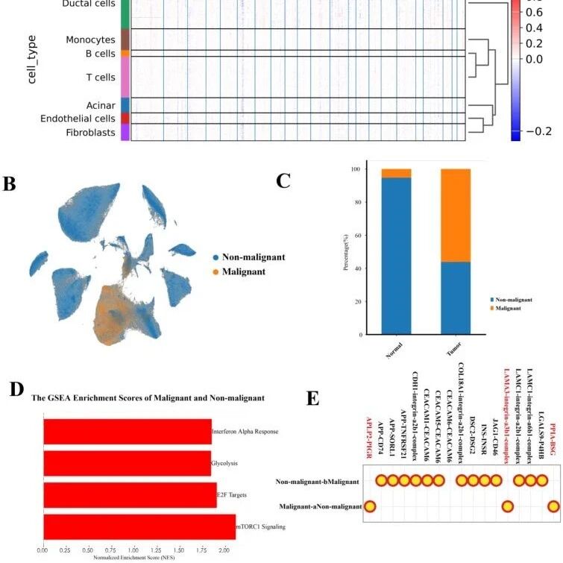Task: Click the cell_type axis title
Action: [32, 63]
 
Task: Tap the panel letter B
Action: [9, 183]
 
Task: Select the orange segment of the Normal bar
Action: [396, 173]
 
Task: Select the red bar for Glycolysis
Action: [127, 462]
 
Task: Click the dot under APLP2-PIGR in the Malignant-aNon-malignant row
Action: [369, 507]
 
